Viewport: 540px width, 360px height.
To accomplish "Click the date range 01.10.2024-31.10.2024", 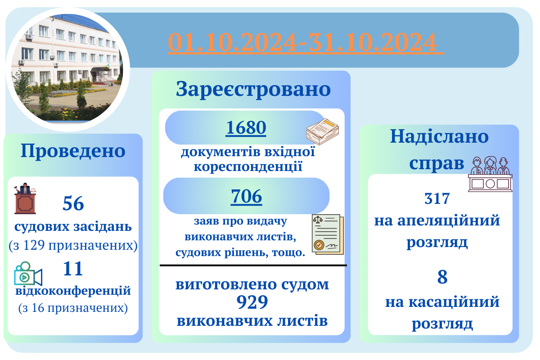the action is [x=306, y=42].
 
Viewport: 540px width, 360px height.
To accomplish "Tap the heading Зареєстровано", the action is [x=253, y=90].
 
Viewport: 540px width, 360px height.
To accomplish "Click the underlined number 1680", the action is [x=246, y=128].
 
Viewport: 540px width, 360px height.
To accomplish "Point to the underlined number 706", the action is [x=247, y=196].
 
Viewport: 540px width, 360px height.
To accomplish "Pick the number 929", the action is [x=252, y=302].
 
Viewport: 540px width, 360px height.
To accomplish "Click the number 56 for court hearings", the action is [x=73, y=203].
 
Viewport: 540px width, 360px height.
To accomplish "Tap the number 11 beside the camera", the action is [x=73, y=268].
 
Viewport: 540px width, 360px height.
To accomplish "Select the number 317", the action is [x=437, y=198].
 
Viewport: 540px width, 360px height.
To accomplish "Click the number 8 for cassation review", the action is [x=442, y=277].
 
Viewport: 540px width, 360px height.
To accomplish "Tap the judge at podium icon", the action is [x=25, y=198].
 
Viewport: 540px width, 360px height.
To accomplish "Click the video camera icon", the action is [x=28, y=274].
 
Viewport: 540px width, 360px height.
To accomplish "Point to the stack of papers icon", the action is [x=323, y=132].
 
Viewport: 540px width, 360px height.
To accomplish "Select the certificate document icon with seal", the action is [x=328, y=234].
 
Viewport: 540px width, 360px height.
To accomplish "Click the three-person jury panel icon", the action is [x=490, y=174].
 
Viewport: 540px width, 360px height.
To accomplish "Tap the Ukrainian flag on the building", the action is [x=108, y=66].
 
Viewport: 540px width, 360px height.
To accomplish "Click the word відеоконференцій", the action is [x=73, y=291].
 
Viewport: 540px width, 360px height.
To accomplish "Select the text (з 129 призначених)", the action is [x=73, y=246].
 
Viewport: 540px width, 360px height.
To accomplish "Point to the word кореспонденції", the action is [x=248, y=167].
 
